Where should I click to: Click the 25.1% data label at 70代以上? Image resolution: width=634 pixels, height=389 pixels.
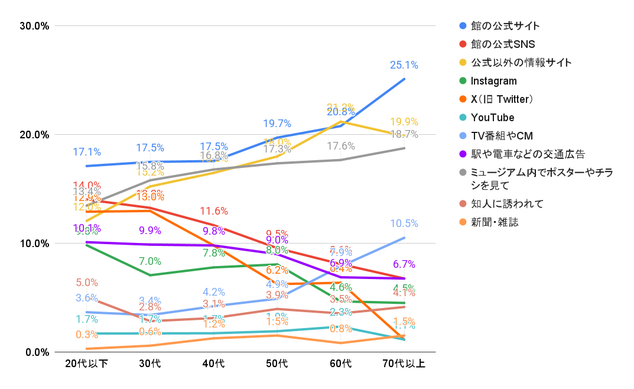[x=404, y=65]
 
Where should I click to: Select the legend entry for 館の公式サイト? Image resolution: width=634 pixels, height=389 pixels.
[x=505, y=26]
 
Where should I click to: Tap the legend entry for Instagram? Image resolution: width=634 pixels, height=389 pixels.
[x=493, y=81]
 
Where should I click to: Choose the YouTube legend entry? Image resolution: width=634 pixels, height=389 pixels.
[x=492, y=118]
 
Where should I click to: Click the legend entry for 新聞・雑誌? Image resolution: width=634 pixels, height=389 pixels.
[x=495, y=222]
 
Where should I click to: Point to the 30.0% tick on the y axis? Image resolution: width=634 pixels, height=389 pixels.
[x=34, y=25]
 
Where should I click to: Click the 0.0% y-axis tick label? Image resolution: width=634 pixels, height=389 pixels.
[x=37, y=352]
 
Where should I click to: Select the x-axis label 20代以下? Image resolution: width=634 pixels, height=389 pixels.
[x=86, y=363]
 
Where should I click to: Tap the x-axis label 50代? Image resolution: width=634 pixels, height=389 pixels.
[x=277, y=363]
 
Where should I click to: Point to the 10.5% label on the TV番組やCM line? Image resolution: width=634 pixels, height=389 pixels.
[x=404, y=223]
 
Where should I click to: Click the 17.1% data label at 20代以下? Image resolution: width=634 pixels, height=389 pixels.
[x=86, y=152]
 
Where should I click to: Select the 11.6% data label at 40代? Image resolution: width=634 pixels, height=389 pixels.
[x=213, y=211]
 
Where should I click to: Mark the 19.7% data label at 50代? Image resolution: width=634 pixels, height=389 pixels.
[x=277, y=124]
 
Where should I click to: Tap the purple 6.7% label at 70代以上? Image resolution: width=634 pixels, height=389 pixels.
[x=404, y=264]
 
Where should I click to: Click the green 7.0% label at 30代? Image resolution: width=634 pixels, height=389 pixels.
[x=150, y=261]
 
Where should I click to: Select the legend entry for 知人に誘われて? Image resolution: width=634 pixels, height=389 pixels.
[x=507, y=204]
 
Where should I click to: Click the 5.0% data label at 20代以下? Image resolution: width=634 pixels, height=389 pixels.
[x=86, y=283]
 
